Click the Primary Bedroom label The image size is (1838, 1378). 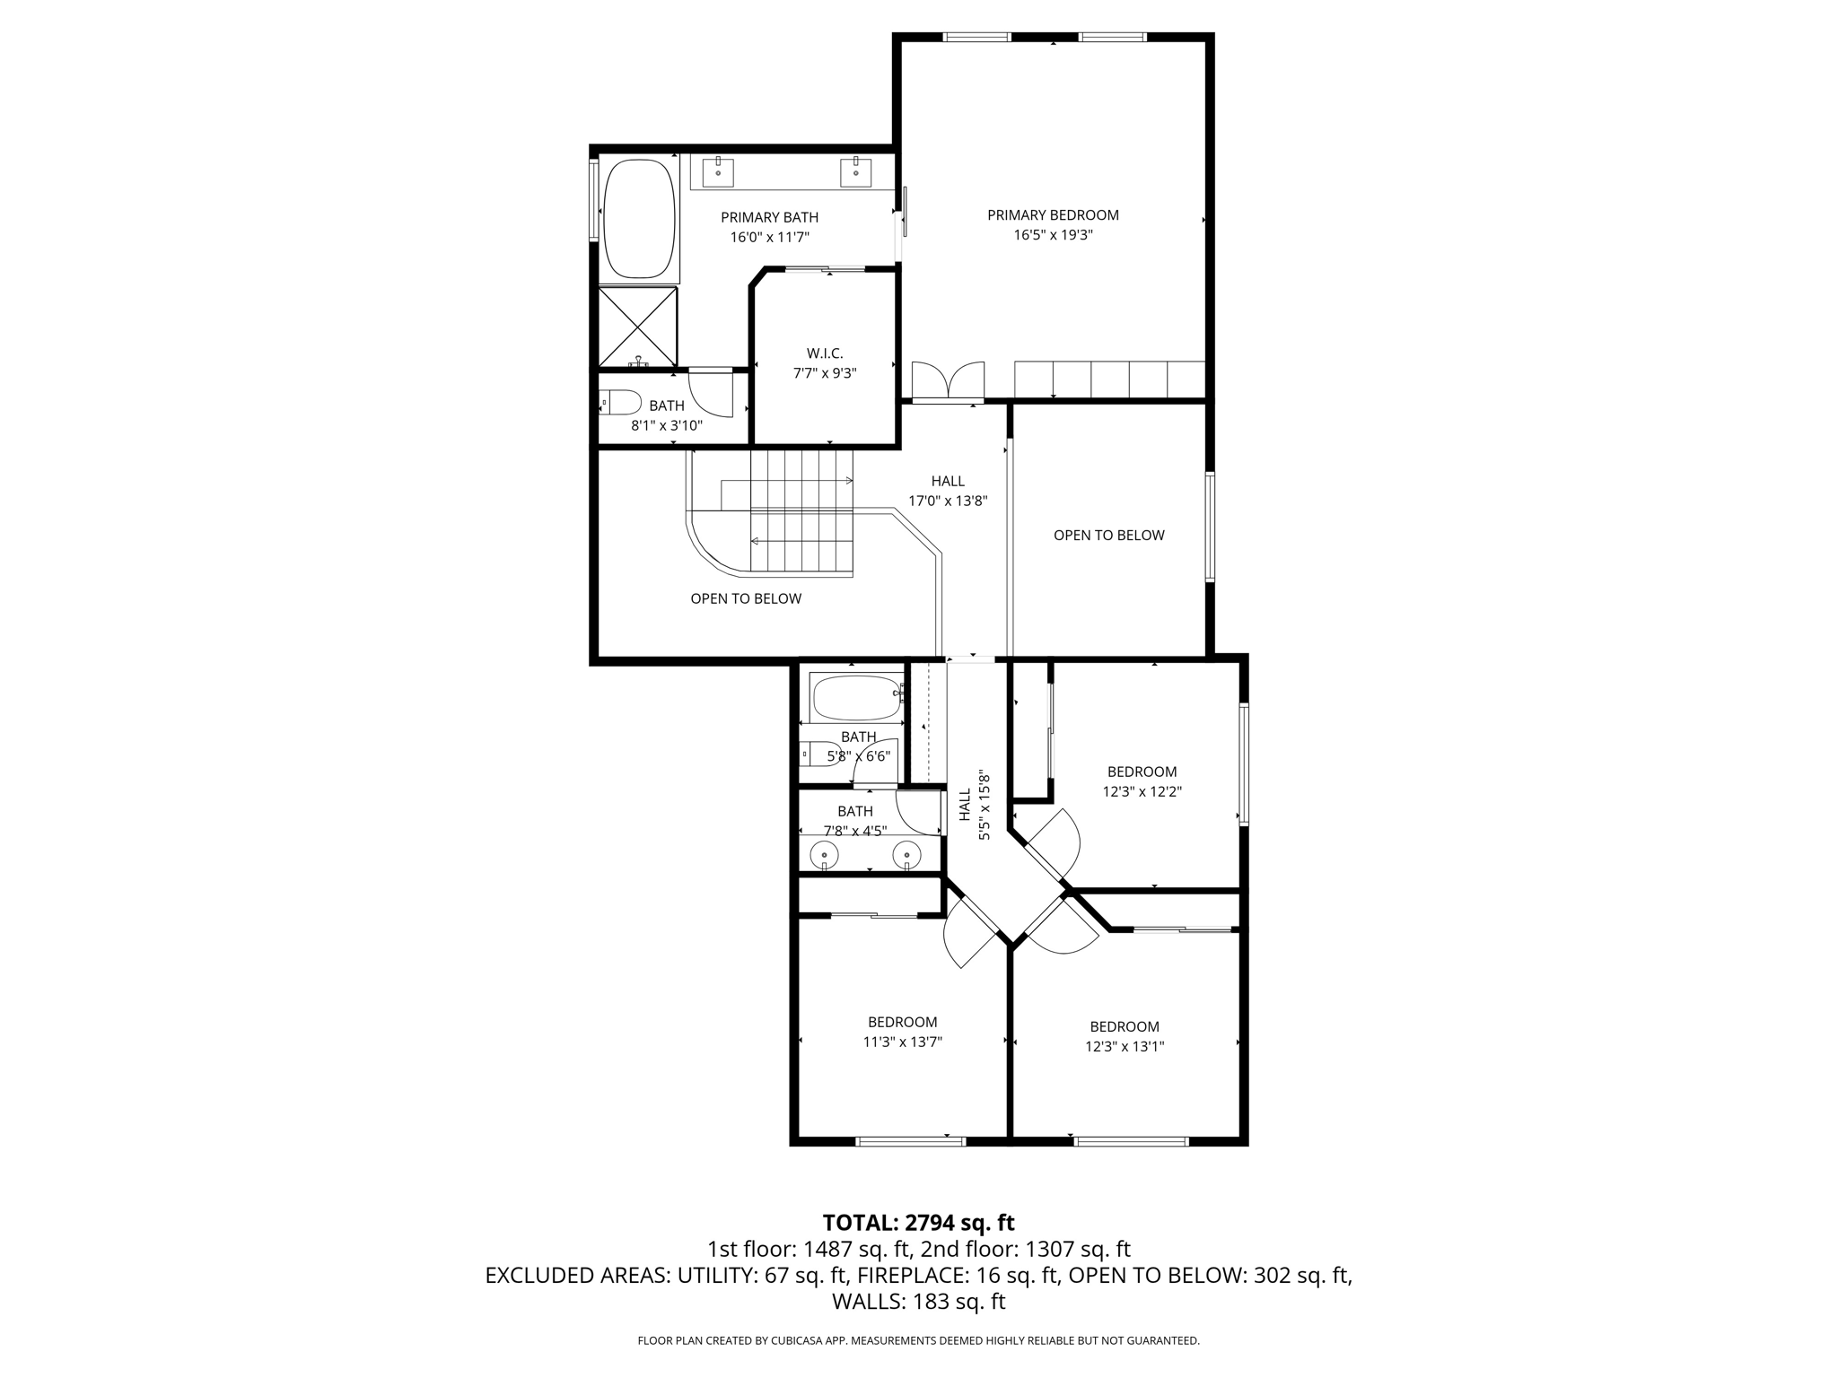coord(1053,215)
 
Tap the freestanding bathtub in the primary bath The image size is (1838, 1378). coord(639,221)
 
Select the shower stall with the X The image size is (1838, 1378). coord(638,327)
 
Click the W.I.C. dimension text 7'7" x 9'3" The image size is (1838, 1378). coord(825,373)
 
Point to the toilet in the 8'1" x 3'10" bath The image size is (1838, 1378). coord(620,402)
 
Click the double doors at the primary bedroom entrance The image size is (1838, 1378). coord(948,380)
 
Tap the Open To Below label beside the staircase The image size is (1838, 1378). coord(746,598)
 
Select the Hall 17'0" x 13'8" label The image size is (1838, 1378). coord(948,491)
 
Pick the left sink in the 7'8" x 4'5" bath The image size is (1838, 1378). coord(824,856)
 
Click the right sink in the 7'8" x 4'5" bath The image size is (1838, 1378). coord(907,856)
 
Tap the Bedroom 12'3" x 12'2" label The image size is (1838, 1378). coord(1142,781)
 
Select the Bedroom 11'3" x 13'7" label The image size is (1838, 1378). coord(902,1032)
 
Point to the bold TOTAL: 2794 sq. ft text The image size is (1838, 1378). coord(918,1223)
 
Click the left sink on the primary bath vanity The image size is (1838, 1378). coord(719,170)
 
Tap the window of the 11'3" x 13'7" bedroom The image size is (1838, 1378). coord(910,1141)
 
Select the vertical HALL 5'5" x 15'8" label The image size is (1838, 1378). coord(974,805)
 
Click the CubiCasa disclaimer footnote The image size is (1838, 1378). coord(918,1340)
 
